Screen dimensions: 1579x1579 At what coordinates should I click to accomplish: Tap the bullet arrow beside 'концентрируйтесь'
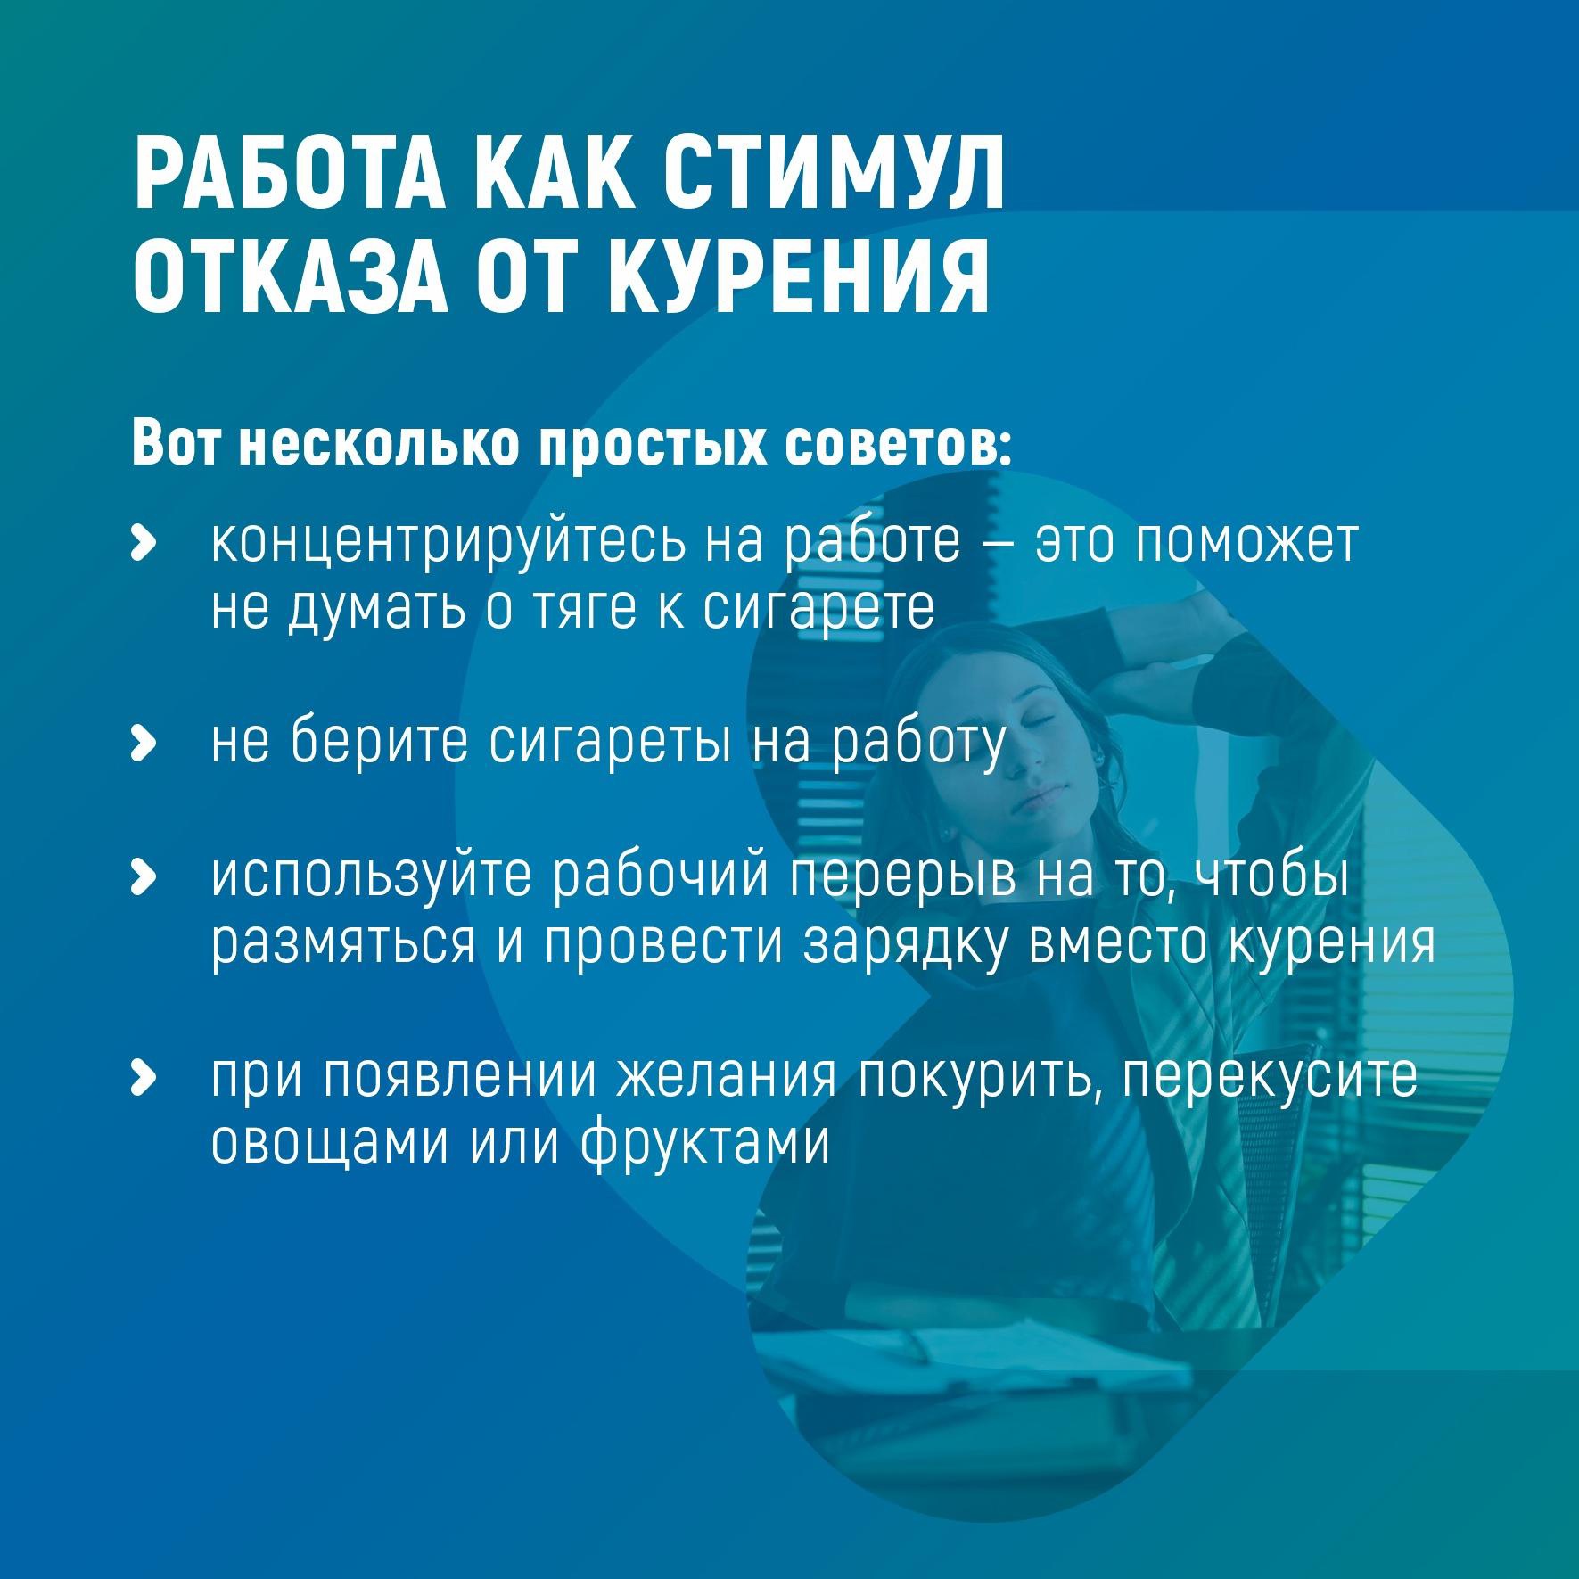(x=143, y=542)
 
